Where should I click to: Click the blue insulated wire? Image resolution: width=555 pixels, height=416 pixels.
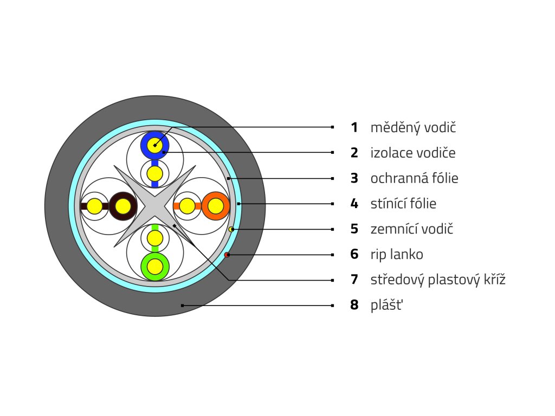(x=155, y=145)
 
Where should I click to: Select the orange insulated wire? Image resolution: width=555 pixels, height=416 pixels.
(x=216, y=206)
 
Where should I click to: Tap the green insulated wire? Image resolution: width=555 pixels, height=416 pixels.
(x=155, y=266)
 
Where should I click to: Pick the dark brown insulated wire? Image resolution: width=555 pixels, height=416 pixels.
(x=122, y=206)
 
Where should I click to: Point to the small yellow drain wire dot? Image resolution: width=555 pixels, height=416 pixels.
(x=231, y=230)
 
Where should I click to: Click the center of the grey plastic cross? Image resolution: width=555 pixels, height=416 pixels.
(x=155, y=206)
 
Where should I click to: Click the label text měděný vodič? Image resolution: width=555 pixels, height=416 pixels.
(x=414, y=128)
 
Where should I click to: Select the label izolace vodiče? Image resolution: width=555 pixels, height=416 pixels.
(x=413, y=153)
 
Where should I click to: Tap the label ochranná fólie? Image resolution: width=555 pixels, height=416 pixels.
(x=415, y=178)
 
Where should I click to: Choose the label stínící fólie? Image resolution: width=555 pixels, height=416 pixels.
(x=403, y=204)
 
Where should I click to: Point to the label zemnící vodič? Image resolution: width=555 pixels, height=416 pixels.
(x=412, y=229)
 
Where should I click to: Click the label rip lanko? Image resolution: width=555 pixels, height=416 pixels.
(x=397, y=255)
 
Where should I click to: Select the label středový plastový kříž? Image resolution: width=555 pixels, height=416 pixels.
(x=438, y=280)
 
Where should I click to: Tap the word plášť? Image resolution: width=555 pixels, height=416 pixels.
(x=387, y=305)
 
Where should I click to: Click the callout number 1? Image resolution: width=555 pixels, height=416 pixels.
(x=354, y=128)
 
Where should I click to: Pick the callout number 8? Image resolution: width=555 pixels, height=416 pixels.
(x=354, y=305)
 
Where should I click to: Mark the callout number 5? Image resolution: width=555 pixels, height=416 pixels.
(x=354, y=229)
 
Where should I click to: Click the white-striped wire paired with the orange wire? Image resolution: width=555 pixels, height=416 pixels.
(x=188, y=206)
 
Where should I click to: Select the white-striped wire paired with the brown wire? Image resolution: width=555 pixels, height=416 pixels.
(x=94, y=206)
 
